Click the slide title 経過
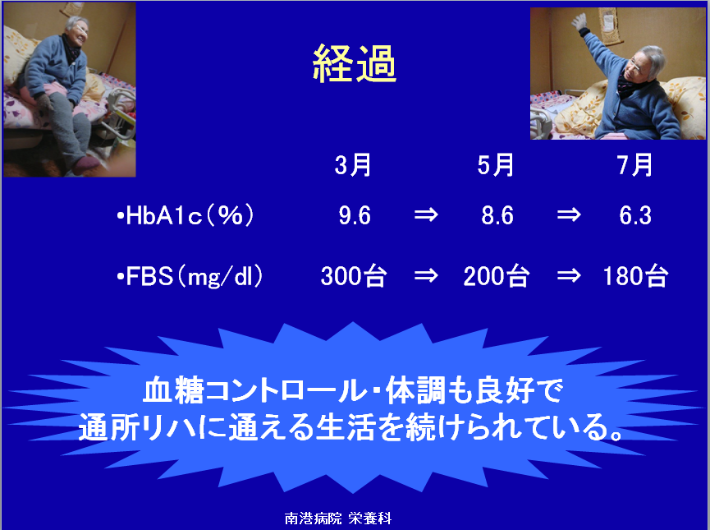354,63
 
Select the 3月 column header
353,164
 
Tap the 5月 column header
496,164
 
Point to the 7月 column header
634,164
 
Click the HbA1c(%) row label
185,215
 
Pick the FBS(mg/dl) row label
190,276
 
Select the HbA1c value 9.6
355,215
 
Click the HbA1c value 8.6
497,215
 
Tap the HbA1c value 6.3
635,215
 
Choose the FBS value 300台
354,276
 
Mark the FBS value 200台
497,276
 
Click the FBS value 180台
636,276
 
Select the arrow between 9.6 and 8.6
426,214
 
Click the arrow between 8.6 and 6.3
569,214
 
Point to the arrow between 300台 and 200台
426,275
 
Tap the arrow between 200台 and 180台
569,275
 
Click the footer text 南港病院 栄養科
338,518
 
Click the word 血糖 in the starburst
173,390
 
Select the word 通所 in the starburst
108,427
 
